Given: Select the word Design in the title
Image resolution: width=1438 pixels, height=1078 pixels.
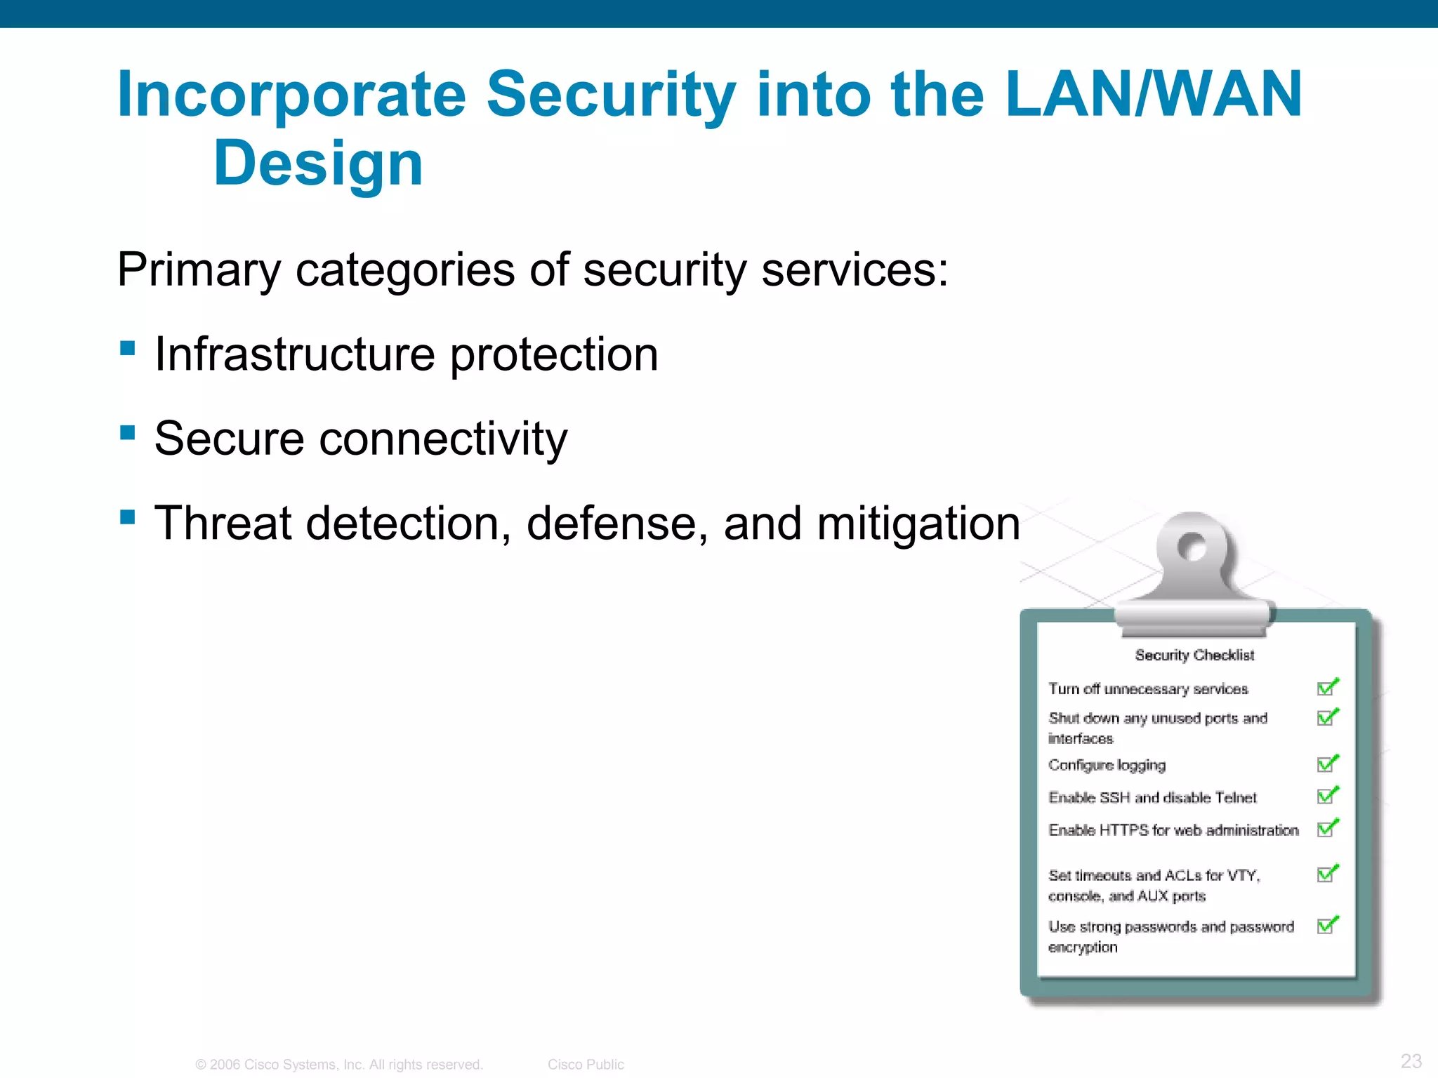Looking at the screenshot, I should click(x=318, y=164).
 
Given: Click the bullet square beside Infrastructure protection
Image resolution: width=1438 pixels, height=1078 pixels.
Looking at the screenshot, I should click(x=127, y=348).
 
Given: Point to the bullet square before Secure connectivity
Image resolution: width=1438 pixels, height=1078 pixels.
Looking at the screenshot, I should click(x=127, y=432).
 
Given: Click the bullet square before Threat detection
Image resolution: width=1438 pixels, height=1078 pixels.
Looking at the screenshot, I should click(x=127, y=518).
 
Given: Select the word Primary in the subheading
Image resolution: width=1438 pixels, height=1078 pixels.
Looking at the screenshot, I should click(x=199, y=270).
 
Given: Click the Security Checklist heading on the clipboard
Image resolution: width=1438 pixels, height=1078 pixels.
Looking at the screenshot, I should click(x=1194, y=655).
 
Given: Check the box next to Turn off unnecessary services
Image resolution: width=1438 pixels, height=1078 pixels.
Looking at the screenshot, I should click(x=1326, y=688).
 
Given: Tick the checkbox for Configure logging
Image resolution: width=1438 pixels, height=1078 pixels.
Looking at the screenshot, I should click(x=1326, y=764).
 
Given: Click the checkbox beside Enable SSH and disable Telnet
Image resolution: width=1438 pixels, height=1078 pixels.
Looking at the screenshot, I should click(x=1326, y=797).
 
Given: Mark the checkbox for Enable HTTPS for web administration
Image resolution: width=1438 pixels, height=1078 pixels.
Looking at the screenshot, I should click(x=1326, y=829).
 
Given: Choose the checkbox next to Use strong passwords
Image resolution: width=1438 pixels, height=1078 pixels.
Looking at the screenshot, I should click(x=1326, y=926).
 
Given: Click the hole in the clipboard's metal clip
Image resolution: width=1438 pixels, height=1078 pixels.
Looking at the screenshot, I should click(x=1192, y=547).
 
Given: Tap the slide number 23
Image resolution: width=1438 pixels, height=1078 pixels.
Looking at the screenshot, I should click(x=1411, y=1060).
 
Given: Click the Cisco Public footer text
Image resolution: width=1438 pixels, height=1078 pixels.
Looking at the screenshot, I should click(x=586, y=1065).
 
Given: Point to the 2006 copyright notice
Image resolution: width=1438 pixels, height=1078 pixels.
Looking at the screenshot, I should click(x=339, y=1065).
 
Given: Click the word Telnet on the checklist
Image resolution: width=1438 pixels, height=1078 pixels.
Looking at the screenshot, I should click(x=1235, y=797).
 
